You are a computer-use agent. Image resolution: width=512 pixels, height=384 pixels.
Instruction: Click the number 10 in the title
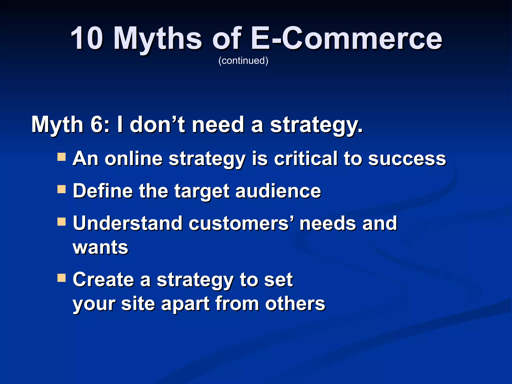tap(86, 38)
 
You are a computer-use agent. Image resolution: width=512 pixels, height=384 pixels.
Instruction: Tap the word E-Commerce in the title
tap(346, 38)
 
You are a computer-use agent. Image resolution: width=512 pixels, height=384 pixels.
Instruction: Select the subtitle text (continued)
tap(243, 60)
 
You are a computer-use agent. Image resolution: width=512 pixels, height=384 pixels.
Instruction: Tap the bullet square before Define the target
tap(61, 189)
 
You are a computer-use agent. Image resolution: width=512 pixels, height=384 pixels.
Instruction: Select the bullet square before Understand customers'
tap(61, 221)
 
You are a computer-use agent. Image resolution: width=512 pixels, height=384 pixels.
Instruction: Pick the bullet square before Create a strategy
tap(61, 278)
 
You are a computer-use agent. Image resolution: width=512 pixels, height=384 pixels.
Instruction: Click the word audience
tap(278, 191)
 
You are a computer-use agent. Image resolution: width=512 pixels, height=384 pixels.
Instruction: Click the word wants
tap(100, 247)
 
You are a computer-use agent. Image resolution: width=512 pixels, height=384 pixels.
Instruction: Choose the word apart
tap(185, 304)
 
